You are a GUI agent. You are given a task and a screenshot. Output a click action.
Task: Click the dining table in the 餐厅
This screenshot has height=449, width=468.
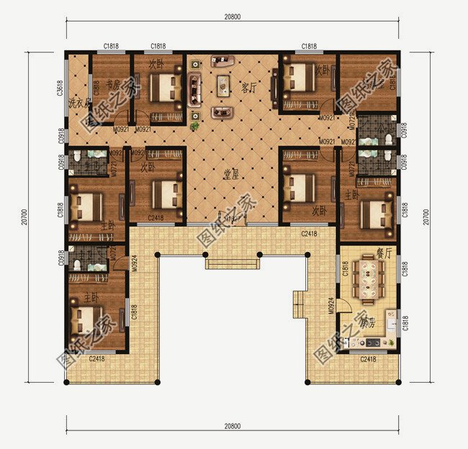[x=368, y=279]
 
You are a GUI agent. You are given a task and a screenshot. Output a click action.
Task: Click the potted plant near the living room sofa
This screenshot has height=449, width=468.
[x=195, y=127]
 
